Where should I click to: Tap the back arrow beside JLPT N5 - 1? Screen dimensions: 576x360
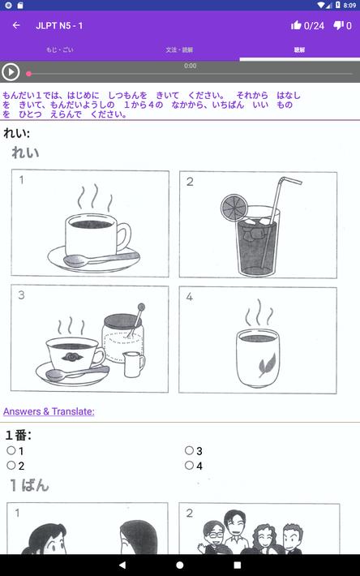click(x=16, y=25)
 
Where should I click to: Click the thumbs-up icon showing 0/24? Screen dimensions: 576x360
click(x=296, y=25)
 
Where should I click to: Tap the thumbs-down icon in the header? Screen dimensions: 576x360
click(x=339, y=25)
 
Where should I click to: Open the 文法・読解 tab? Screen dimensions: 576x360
click(x=179, y=49)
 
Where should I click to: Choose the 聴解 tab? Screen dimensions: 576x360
click(x=299, y=49)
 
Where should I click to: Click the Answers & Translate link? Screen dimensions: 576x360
click(x=49, y=411)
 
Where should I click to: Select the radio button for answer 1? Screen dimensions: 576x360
click(x=11, y=450)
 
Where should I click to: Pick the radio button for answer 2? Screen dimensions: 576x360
click(x=11, y=465)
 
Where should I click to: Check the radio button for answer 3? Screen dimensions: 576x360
click(x=189, y=450)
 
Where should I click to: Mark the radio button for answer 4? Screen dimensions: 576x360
click(x=189, y=465)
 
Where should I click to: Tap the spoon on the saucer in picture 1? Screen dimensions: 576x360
click(x=81, y=260)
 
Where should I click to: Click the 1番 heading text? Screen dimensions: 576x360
click(x=18, y=435)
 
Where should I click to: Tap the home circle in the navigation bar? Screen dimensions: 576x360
click(x=180, y=565)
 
